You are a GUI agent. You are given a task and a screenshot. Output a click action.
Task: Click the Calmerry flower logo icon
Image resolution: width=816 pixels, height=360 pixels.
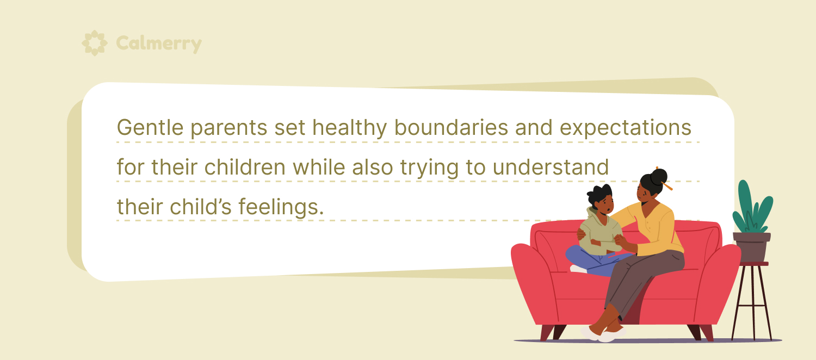click(94, 43)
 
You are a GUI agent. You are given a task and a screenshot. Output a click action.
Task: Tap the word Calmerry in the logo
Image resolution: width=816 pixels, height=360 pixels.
click(159, 44)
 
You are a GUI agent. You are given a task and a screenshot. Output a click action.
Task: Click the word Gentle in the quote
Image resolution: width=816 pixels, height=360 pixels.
click(150, 127)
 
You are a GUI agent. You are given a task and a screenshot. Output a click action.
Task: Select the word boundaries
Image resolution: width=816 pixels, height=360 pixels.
click(451, 127)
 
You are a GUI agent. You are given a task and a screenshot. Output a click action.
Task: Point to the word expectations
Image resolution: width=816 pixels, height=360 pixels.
click(626, 128)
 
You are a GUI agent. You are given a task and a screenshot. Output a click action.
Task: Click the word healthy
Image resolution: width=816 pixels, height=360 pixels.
click(349, 128)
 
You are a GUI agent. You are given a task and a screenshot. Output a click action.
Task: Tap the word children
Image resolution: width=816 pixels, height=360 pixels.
click(245, 167)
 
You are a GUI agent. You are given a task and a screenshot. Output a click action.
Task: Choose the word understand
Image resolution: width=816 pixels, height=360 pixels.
click(551, 167)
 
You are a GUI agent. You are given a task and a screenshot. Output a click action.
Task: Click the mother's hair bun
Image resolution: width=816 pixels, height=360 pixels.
click(659, 177)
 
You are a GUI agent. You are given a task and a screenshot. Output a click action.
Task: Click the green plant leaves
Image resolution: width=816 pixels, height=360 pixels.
click(752, 207)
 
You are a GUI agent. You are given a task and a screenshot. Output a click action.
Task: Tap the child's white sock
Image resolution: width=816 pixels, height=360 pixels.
click(578, 269)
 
